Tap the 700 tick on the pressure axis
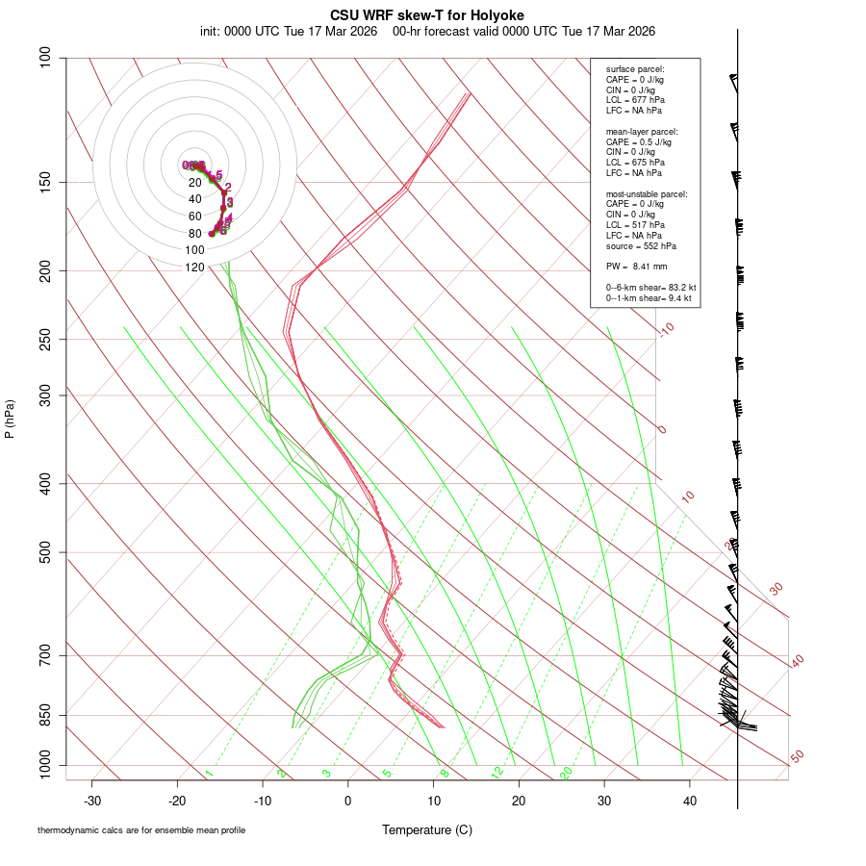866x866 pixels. tap(46, 655)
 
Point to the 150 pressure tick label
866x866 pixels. tap(46, 182)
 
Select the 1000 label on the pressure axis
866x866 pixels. tap(43, 766)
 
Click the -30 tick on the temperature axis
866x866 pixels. tap(92, 801)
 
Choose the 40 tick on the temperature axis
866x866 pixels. tap(689, 801)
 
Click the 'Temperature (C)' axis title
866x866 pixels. tap(427, 829)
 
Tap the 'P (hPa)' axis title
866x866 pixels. tap(10, 419)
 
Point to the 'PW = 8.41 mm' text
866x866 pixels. tap(636, 266)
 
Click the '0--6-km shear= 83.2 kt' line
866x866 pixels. tap(650, 287)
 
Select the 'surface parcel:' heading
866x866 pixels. tap(635, 69)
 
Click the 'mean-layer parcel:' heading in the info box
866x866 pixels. tap(642, 131)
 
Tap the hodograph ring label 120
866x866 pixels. tap(195, 267)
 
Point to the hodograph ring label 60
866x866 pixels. tap(195, 216)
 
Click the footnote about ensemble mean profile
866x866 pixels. tap(141, 830)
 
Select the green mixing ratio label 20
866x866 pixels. tap(566, 772)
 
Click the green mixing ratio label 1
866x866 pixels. tap(209, 774)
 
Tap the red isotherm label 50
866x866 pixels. tap(797, 757)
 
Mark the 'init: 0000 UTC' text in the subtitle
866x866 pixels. tap(241, 31)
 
